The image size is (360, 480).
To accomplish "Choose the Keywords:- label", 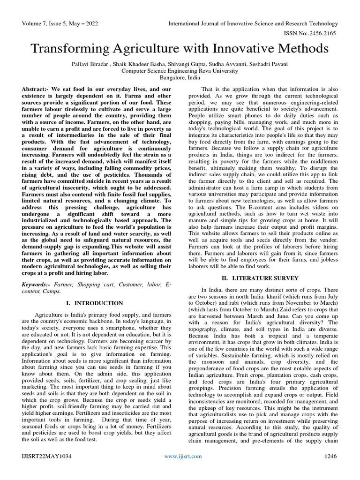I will pyautogui.click(x=37, y=285).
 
